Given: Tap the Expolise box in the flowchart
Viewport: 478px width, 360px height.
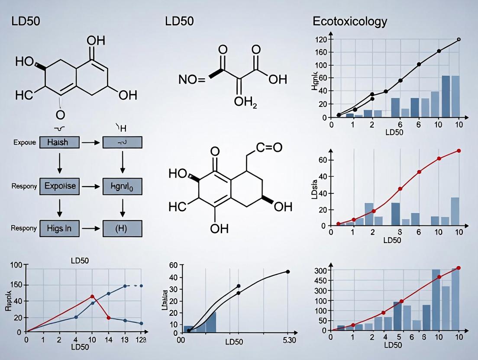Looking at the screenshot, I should [59, 186].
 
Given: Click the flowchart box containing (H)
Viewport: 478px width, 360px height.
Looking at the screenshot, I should [122, 228].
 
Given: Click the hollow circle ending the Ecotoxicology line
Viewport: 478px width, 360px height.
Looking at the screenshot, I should [459, 39].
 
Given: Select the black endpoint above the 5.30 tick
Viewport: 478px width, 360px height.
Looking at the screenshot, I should [287, 272].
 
